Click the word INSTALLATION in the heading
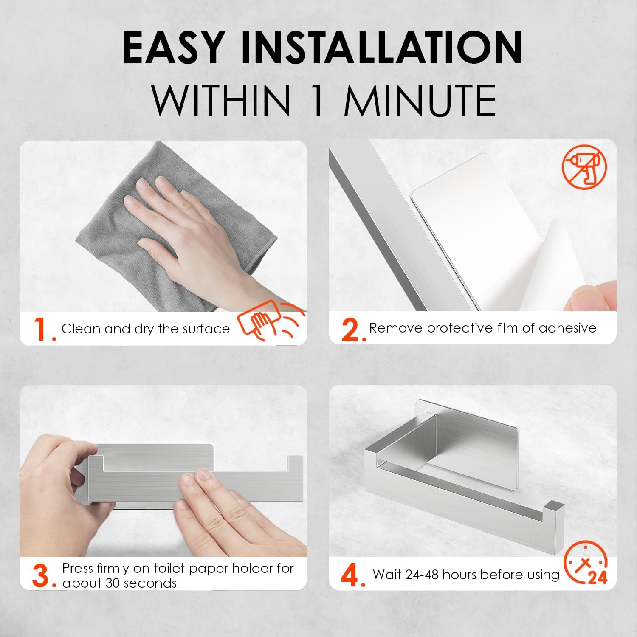tap(382, 48)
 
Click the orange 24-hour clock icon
tap(586, 563)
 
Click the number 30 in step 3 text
tap(113, 583)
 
